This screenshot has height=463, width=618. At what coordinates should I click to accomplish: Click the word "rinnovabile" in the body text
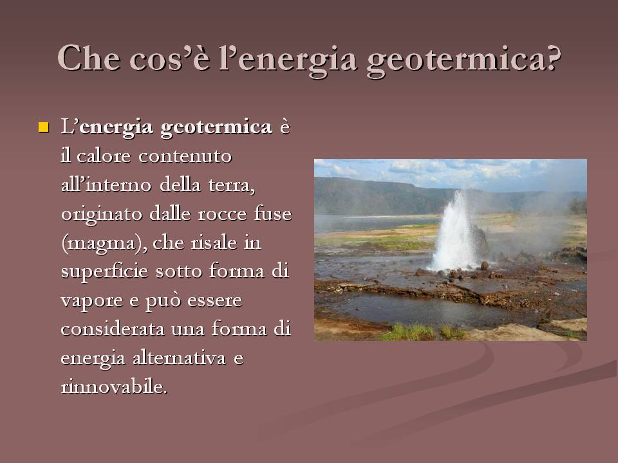[x=113, y=387]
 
